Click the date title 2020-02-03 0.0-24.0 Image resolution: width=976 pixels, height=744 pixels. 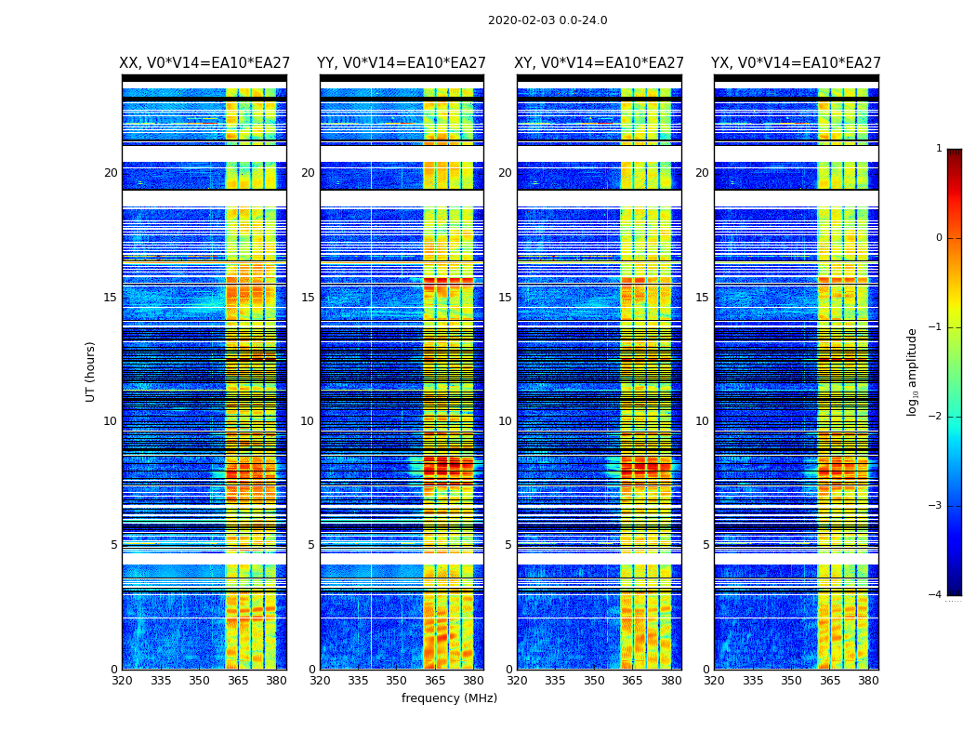547,20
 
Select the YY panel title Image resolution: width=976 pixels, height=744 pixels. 402,63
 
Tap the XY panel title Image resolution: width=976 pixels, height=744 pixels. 600,63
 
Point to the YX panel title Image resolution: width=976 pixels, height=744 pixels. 796,63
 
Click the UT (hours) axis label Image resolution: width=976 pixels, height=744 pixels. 91,371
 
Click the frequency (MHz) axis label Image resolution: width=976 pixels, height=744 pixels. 449,698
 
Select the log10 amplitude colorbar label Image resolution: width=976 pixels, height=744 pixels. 913,371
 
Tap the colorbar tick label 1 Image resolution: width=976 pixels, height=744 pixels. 939,149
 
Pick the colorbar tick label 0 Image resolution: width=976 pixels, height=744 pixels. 939,238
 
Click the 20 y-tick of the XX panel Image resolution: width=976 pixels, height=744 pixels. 111,173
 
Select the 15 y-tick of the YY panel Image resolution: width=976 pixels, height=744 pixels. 308,298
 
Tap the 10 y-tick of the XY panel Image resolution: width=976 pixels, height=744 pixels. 505,421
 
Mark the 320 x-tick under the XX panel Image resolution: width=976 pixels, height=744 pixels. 122,681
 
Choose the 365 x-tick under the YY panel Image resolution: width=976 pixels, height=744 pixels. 435,681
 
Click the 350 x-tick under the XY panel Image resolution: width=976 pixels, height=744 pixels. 594,681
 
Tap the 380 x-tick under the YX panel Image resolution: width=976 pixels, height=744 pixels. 868,681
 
